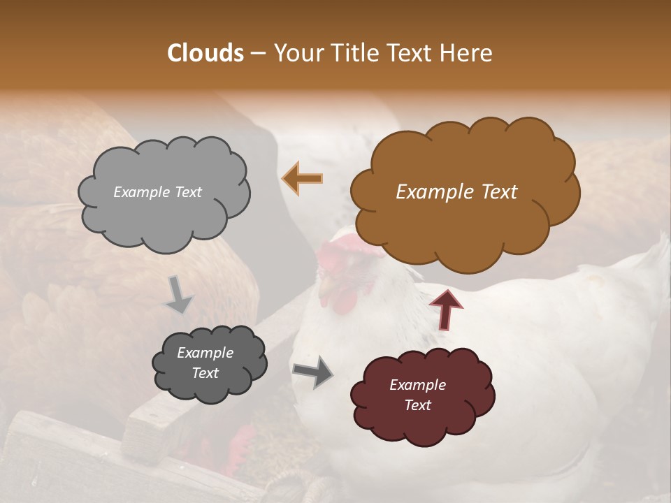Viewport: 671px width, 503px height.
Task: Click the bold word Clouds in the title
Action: (x=205, y=53)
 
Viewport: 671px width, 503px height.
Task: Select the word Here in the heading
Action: (x=468, y=53)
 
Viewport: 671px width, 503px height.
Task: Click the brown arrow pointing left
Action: (x=303, y=179)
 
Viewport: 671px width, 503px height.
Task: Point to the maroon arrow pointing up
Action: (x=445, y=309)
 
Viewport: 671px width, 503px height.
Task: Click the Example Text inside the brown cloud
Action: (x=456, y=192)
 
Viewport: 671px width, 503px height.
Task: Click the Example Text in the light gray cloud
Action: (x=157, y=192)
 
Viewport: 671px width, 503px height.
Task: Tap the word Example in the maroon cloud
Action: (x=417, y=385)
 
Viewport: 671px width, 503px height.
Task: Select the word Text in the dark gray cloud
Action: (x=205, y=373)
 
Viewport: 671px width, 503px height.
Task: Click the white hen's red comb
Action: (x=342, y=247)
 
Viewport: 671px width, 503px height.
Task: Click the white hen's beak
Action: (x=322, y=286)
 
